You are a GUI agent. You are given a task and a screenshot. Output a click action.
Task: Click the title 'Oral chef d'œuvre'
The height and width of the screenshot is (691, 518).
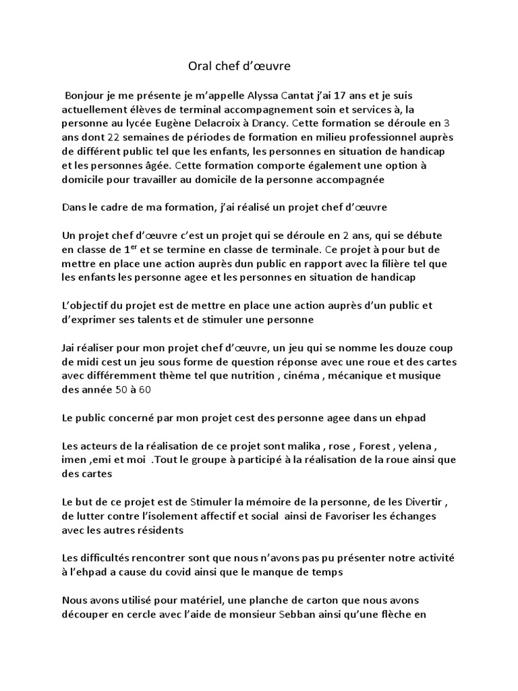pyautogui.click(x=239, y=67)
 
